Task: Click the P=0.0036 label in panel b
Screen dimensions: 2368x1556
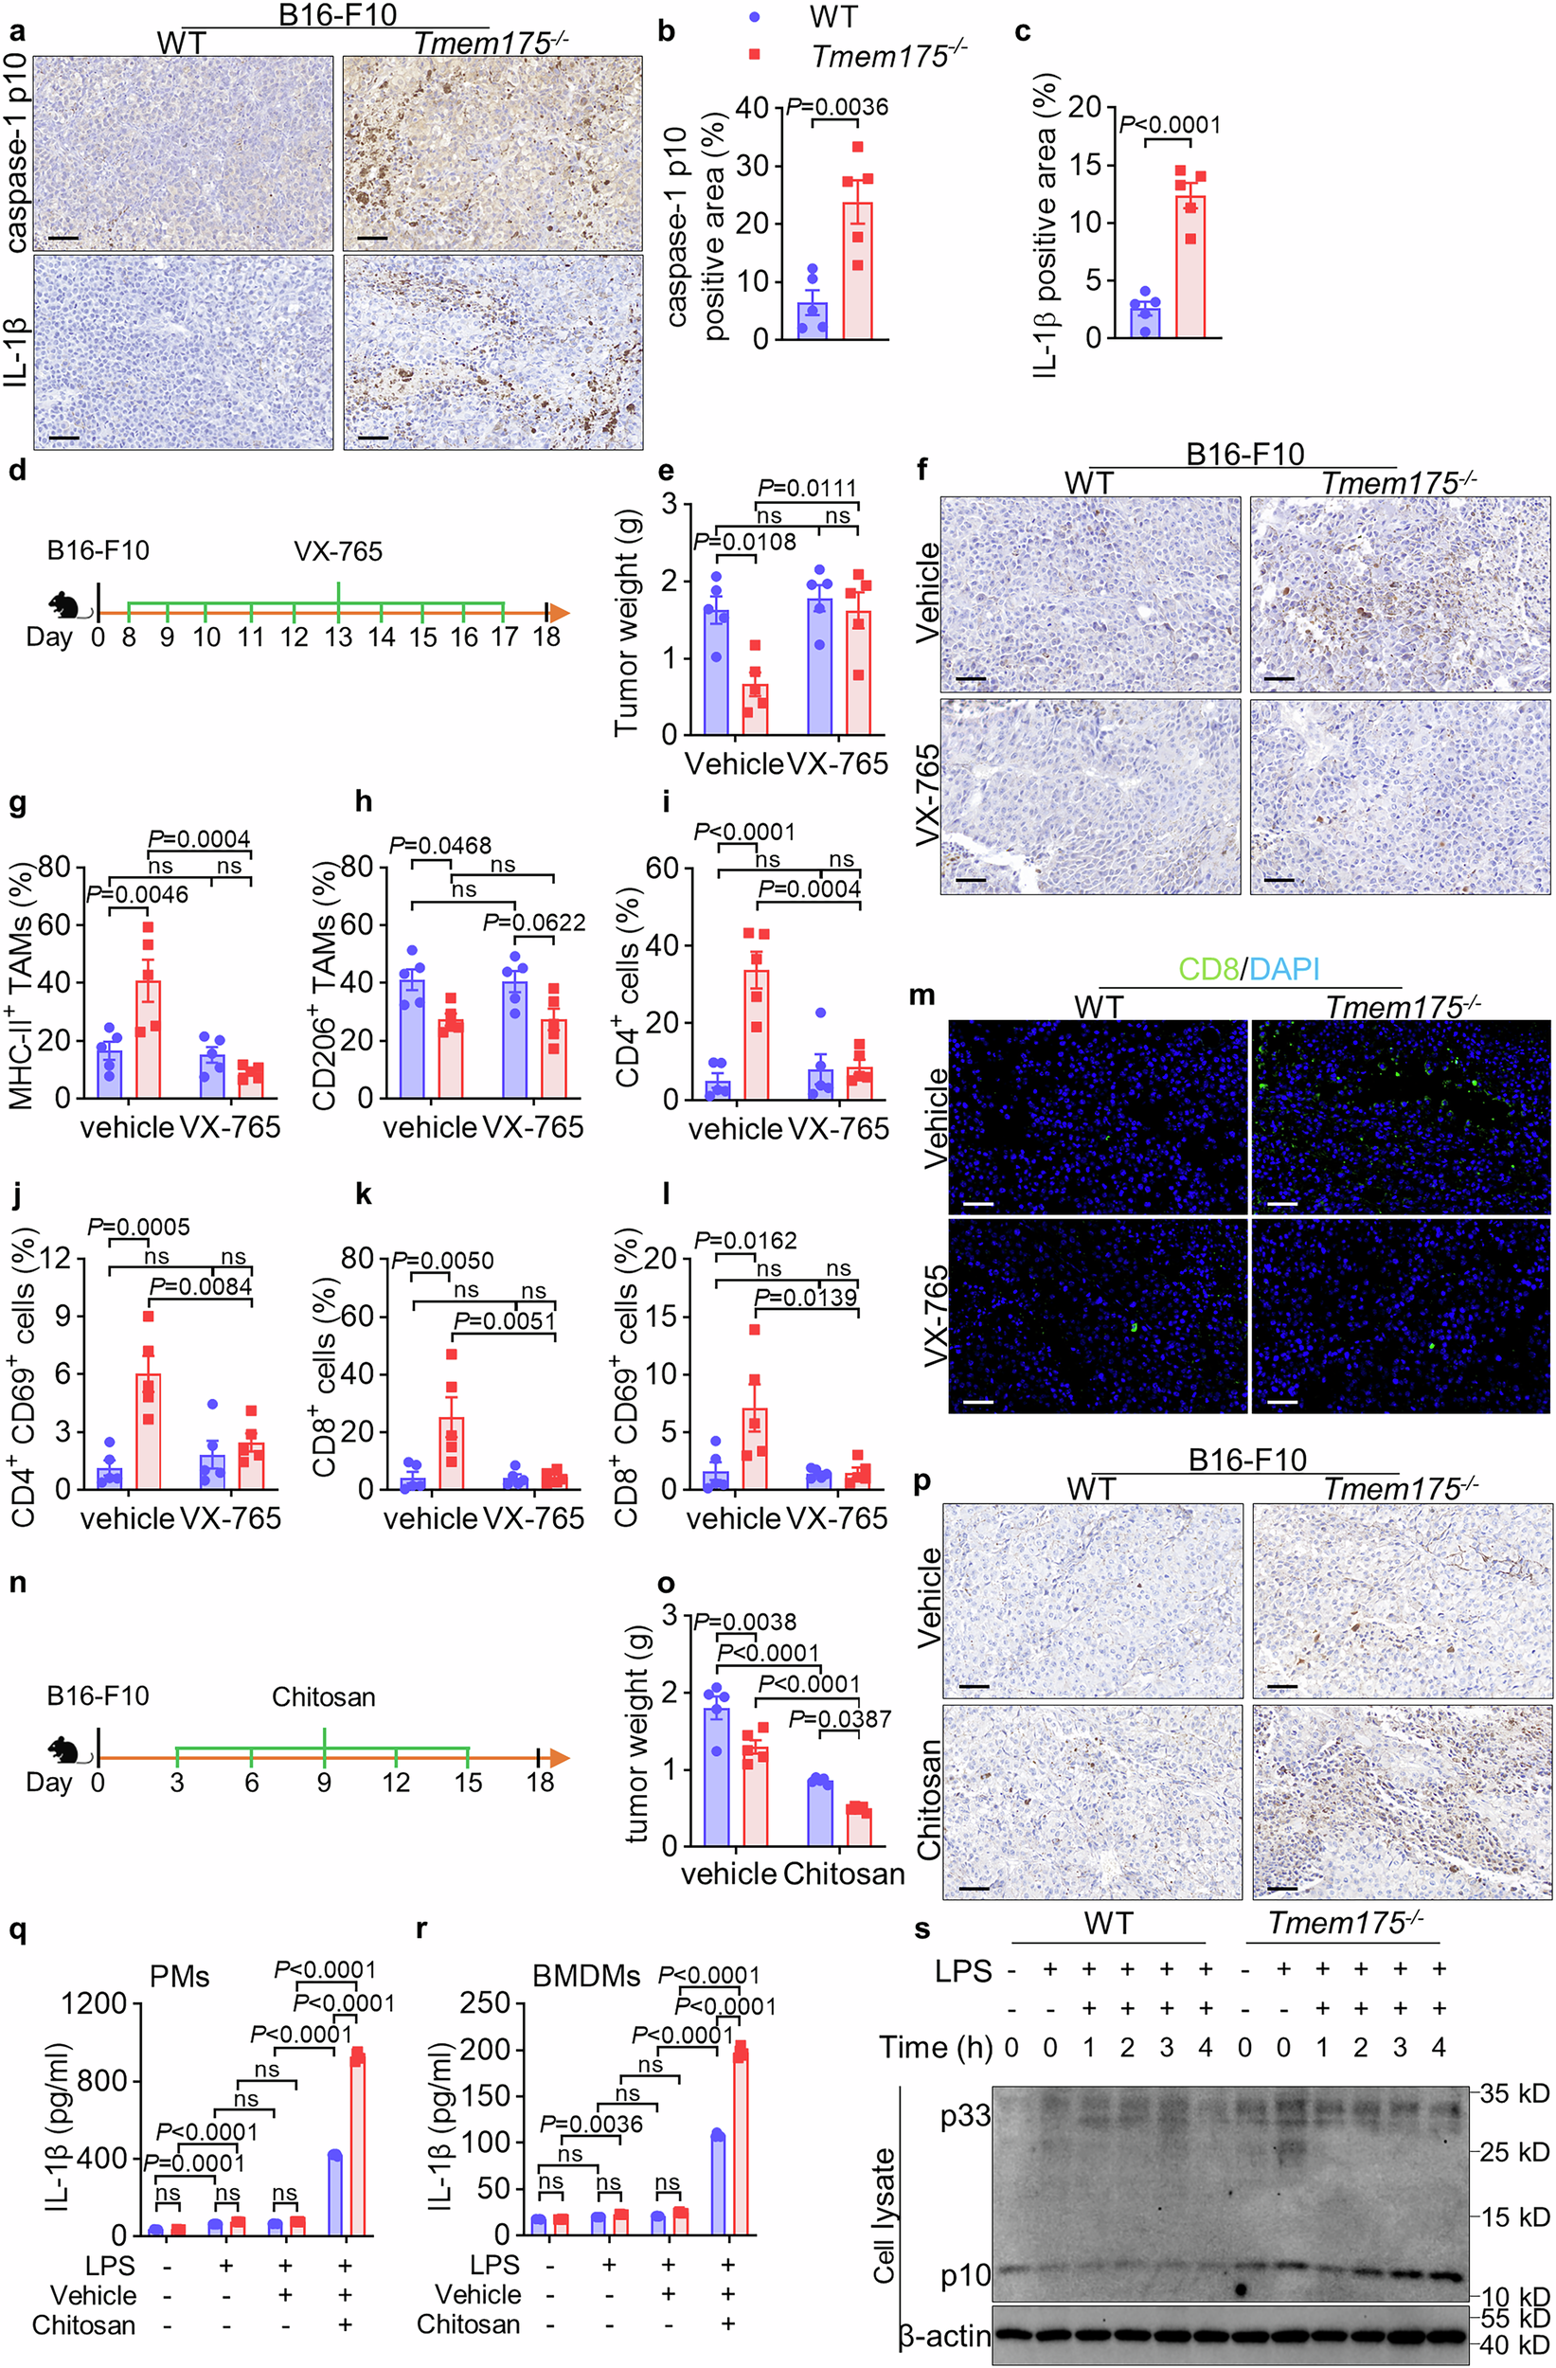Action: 836,106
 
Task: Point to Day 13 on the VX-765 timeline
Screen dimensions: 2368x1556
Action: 339,637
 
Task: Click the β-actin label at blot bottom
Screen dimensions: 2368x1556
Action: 945,2335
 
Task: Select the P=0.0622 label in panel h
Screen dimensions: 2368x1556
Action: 534,923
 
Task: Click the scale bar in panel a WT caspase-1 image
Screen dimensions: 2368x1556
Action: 63,239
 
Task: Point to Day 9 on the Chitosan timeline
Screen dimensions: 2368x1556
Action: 324,1781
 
